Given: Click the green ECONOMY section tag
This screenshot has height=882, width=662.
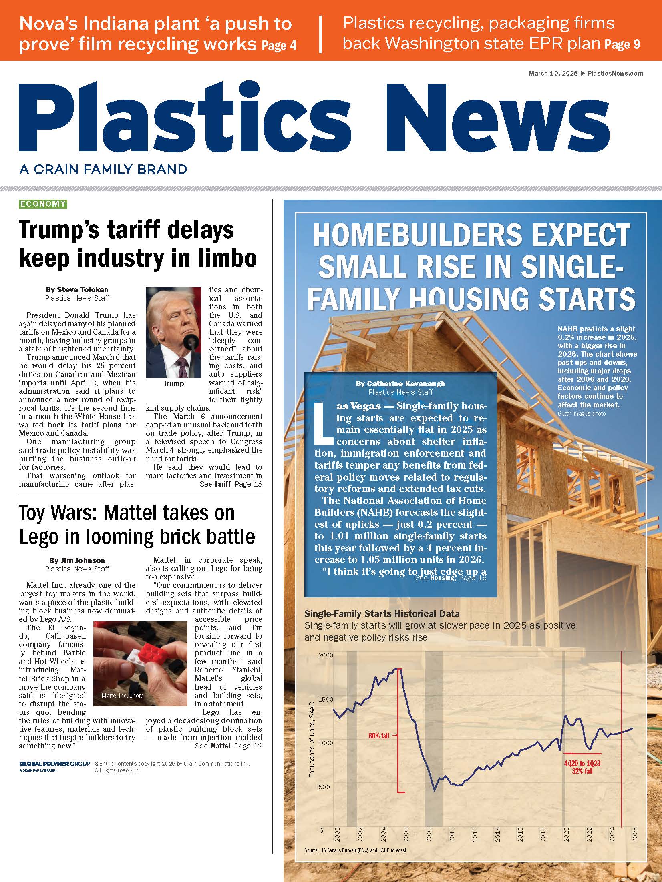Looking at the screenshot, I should click(x=43, y=204).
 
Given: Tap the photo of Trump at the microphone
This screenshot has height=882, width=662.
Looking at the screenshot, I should click(x=173, y=332).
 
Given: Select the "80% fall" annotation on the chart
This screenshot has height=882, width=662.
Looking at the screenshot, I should click(x=379, y=736).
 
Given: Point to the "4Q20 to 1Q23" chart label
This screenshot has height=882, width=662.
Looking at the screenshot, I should click(x=582, y=764).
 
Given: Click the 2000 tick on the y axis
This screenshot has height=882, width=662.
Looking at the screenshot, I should click(x=326, y=655).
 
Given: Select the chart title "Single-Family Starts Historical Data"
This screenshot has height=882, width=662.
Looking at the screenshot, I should click(x=382, y=614).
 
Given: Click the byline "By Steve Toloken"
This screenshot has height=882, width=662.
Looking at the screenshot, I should click(x=77, y=289).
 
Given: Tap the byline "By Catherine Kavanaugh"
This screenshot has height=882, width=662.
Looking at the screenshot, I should click(x=400, y=383).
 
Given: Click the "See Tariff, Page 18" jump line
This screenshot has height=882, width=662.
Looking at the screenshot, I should click(x=231, y=484).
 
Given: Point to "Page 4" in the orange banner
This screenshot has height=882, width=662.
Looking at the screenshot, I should click(x=279, y=46).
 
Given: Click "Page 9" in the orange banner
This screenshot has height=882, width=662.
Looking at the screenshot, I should click(x=622, y=44).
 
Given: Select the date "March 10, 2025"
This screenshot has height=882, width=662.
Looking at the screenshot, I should click(x=553, y=73).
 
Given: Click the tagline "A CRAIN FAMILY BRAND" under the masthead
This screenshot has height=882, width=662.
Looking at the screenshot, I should click(x=103, y=169).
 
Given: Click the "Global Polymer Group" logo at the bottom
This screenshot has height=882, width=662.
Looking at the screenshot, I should click(x=54, y=764).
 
